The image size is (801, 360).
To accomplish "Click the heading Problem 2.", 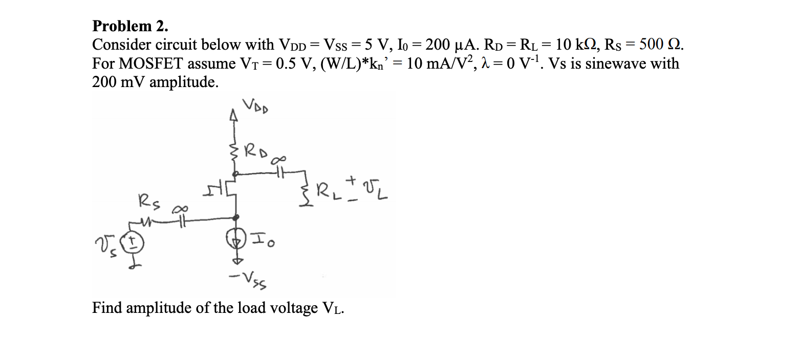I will point(130,26).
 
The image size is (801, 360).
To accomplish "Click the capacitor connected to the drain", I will point(279,174).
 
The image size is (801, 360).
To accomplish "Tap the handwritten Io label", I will point(263,240).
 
